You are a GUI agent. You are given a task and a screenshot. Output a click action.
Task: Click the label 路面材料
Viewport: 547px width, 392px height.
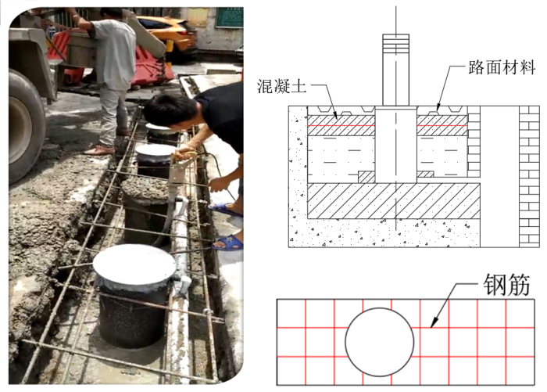point(502,67)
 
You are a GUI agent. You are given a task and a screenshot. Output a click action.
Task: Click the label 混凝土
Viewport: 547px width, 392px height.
point(282,86)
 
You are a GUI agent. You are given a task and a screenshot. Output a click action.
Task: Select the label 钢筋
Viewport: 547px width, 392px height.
point(506,284)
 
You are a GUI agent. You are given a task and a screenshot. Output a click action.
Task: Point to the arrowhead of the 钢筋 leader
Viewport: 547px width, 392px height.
point(434,323)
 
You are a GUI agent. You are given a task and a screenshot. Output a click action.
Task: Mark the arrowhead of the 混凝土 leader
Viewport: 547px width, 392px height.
point(335,114)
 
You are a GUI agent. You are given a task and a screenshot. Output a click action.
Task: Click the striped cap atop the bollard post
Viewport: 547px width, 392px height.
point(395,42)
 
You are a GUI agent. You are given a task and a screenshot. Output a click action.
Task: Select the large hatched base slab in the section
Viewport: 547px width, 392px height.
point(394,201)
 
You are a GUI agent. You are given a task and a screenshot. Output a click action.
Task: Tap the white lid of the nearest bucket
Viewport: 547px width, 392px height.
point(134,264)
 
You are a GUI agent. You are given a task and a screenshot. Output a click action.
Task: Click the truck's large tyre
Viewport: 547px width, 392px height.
point(23,125)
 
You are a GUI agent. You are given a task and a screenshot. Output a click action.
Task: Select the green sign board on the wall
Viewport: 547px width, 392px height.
point(229,17)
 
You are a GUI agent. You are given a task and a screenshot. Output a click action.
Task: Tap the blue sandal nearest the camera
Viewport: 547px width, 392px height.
point(228,242)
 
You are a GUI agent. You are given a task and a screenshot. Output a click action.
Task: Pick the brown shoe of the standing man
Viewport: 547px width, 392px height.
point(98,150)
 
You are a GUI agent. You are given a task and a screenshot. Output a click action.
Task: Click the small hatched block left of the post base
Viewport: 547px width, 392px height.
point(366,177)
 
